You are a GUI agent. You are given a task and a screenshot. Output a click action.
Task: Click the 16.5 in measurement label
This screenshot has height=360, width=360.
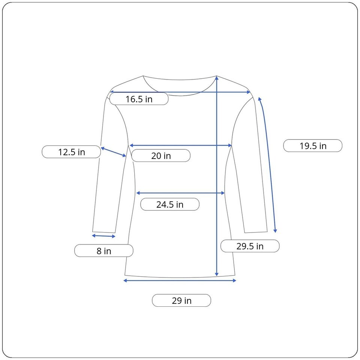pos(139,99)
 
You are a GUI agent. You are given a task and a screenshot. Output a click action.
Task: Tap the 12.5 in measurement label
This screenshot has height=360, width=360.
pos(71,152)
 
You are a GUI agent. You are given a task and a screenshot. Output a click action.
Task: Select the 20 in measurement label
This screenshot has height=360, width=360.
pos(161,156)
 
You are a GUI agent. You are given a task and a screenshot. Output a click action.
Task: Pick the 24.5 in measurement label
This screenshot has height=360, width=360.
pos(170,204)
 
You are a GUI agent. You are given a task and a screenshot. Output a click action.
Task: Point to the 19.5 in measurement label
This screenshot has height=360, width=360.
pos(313,146)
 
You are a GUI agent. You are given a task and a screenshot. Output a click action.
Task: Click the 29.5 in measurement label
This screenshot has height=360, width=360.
pos(250,246)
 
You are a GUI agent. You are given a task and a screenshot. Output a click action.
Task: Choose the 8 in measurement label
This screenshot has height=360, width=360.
pos(104,251)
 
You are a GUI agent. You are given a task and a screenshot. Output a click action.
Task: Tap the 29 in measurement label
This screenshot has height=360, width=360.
pos(181,300)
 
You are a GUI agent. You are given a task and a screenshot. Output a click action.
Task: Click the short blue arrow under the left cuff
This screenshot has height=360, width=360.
pos(104,236)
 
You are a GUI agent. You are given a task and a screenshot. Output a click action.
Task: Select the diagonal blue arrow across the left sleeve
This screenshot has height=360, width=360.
pos(113,152)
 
